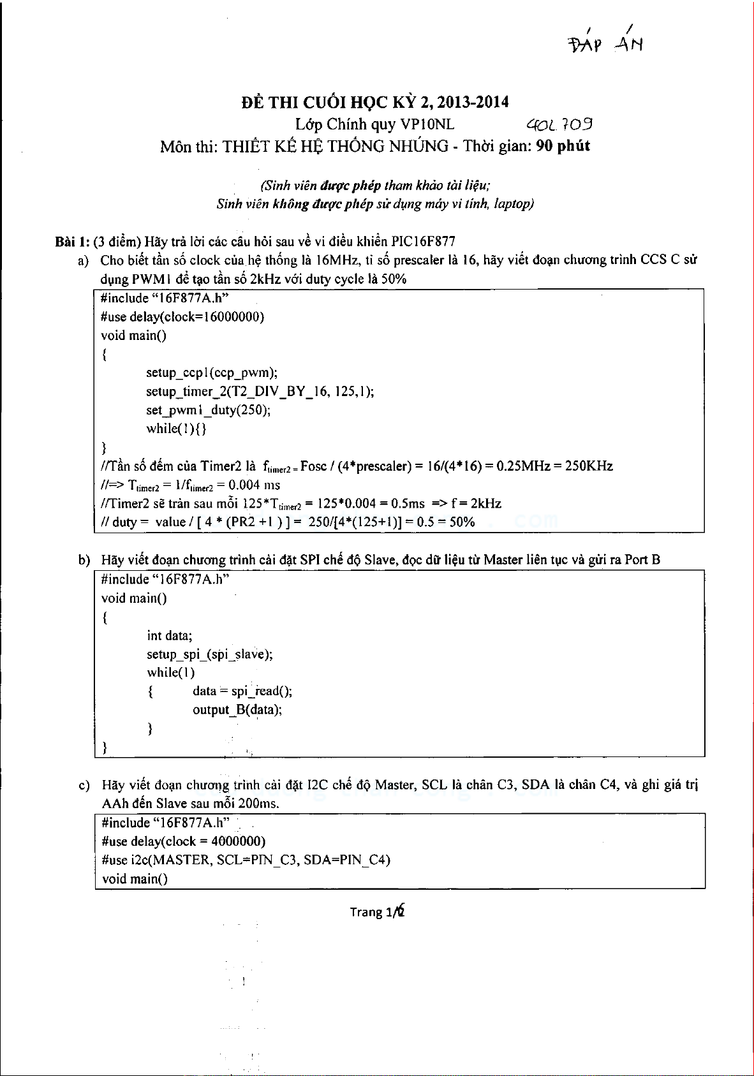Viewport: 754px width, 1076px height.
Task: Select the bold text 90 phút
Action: click(563, 146)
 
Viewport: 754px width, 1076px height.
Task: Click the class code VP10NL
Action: click(427, 124)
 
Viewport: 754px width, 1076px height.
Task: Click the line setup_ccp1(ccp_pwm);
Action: click(212, 372)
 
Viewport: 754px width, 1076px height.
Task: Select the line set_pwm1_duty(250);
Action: click(208, 409)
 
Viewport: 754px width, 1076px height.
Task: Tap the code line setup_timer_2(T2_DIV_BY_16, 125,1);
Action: click(260, 391)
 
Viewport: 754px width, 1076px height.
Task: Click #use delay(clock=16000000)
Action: click(182, 317)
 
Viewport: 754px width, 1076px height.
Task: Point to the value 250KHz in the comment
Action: click(589, 466)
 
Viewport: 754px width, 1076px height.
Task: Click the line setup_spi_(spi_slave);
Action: click(210, 654)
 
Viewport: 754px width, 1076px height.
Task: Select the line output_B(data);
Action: click(237, 709)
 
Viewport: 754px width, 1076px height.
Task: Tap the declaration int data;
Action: click(169, 635)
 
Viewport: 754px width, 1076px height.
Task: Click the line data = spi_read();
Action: click(242, 691)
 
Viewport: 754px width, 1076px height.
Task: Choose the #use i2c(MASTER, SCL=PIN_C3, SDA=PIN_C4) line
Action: click(246, 860)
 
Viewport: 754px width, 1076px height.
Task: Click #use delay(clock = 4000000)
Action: click(183, 841)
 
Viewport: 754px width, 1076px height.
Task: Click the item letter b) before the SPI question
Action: click(84, 561)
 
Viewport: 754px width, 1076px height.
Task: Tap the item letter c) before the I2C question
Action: click(84, 785)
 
